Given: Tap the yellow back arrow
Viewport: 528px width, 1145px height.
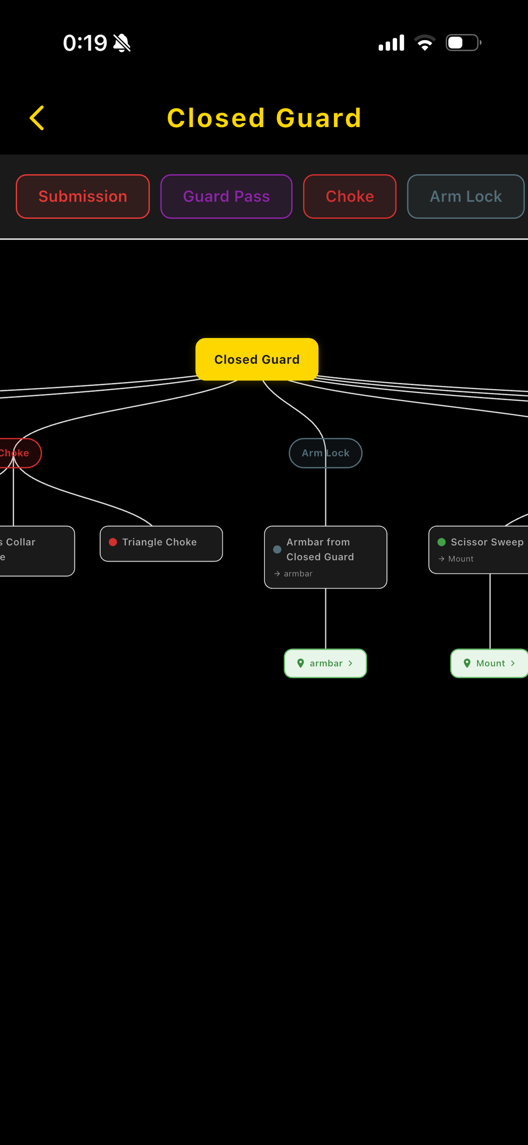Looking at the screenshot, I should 37,118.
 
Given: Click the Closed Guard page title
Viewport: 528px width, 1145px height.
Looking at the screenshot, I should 264,118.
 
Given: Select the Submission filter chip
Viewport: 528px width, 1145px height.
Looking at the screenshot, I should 83,197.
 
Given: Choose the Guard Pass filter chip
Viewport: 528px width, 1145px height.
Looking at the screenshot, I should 226,197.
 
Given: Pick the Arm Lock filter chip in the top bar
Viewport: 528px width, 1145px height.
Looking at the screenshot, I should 465,197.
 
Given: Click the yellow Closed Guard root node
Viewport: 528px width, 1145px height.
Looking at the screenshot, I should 257,359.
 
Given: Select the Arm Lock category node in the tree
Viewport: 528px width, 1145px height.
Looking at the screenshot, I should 325,453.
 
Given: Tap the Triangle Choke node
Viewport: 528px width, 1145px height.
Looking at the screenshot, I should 161,543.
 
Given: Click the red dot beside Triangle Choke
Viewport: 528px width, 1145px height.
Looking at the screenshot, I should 113,542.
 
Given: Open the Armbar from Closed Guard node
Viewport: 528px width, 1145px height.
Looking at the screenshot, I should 325,557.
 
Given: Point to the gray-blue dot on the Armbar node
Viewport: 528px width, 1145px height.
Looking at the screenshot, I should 277,550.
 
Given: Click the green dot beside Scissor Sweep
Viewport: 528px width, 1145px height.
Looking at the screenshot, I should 441,542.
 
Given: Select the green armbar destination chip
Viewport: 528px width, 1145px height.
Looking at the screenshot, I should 325,663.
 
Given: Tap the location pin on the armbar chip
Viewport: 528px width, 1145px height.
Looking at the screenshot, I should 300,663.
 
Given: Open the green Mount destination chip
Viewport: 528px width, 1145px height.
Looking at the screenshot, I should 489,663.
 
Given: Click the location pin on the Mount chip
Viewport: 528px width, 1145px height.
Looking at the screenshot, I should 467,663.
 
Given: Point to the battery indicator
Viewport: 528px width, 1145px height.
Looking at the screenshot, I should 463,43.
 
